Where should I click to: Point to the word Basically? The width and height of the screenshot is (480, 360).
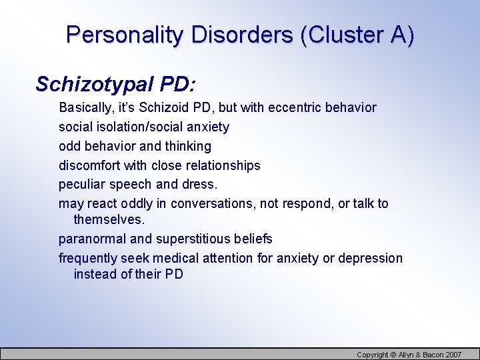[x=86, y=107]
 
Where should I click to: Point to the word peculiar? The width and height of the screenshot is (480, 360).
[x=81, y=184]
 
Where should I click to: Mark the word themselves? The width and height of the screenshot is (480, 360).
[x=109, y=219]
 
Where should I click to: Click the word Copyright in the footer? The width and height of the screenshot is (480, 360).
[x=372, y=355]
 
